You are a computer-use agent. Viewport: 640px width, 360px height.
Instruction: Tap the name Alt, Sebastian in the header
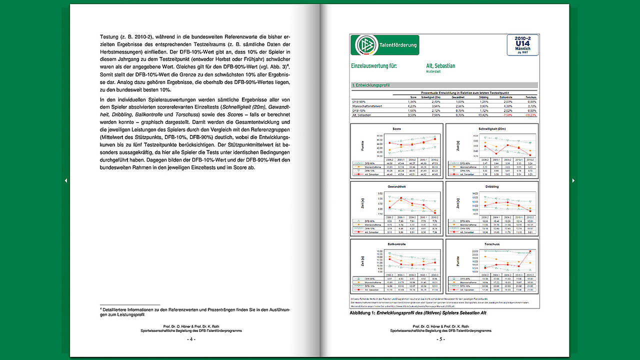click(440, 65)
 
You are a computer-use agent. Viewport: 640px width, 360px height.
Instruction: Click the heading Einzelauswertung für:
click(374, 66)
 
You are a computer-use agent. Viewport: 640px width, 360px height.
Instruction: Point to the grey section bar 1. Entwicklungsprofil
click(444, 85)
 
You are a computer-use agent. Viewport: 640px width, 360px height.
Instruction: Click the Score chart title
click(396, 128)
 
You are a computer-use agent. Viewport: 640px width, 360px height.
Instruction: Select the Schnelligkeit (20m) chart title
click(491, 128)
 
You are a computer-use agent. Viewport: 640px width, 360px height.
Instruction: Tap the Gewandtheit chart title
click(396, 186)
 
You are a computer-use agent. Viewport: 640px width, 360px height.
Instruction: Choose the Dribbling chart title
click(491, 186)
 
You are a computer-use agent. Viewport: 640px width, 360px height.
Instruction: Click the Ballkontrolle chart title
click(396, 244)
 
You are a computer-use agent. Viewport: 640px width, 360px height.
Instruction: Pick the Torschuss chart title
click(491, 244)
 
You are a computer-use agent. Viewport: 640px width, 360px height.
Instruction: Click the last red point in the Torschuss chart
click(529, 251)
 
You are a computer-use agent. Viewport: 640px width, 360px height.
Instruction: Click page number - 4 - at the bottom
click(191, 339)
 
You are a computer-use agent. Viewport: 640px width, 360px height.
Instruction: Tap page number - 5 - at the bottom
click(441, 339)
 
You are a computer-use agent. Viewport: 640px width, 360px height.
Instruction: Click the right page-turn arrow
click(573, 180)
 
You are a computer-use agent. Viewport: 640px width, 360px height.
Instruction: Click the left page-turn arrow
click(66, 180)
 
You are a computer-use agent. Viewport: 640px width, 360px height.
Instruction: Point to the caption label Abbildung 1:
click(363, 312)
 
